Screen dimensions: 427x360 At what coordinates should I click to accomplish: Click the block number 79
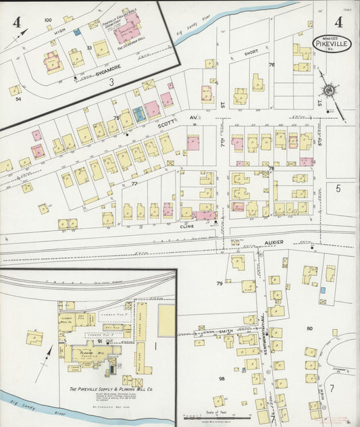click(219, 282)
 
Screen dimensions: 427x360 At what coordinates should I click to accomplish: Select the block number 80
click(309, 328)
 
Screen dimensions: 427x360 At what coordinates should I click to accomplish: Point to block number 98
click(221, 378)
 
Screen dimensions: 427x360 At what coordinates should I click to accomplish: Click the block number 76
click(272, 65)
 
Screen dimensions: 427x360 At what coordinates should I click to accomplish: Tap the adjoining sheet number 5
click(338, 189)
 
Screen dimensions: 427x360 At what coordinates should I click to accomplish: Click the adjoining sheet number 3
click(111, 82)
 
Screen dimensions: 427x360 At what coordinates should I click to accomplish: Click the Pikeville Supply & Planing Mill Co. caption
click(111, 390)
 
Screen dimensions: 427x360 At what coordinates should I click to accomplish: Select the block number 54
click(18, 99)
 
